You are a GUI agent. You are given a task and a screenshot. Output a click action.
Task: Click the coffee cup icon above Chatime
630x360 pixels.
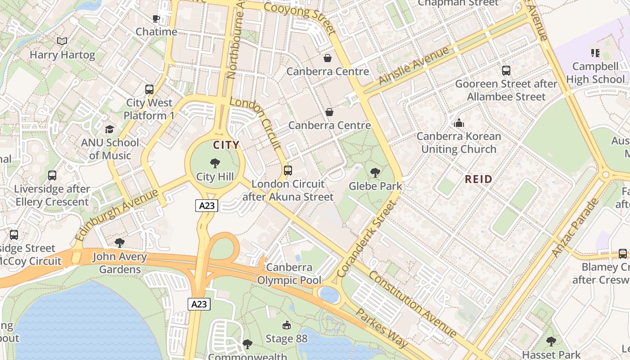pos(156,18)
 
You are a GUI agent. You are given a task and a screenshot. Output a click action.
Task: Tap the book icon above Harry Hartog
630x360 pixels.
pos(62,41)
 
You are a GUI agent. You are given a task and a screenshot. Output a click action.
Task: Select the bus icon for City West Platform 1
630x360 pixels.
pos(149,89)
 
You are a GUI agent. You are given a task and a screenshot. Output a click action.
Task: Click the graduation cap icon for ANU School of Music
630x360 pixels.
pos(109,129)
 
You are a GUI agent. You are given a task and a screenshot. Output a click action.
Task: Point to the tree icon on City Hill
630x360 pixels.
pos(215,163)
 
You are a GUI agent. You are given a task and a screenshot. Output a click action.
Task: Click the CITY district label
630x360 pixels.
pos(226,145)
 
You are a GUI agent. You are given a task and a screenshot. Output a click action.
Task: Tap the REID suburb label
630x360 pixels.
pos(478,179)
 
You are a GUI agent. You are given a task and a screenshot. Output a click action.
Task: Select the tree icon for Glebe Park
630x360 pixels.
pos(375,172)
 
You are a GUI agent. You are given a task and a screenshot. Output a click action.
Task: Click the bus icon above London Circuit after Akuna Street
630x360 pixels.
pos(288,171)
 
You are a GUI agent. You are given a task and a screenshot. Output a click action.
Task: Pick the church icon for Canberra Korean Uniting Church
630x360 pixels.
pos(459,122)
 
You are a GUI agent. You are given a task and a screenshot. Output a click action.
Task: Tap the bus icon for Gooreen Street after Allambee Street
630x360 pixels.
pos(506,70)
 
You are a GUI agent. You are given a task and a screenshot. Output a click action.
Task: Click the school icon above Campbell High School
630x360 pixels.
pos(595,53)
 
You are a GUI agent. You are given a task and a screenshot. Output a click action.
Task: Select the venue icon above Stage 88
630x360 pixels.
pos(286,325)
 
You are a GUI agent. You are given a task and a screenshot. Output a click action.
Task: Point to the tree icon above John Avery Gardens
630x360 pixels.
pos(120,243)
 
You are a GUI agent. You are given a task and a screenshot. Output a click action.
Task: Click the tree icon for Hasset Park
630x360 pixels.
pos(551,341)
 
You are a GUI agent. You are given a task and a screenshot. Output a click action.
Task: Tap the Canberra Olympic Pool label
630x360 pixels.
pos(289,274)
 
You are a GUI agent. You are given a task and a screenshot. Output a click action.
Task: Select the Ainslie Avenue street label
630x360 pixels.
pos(414,65)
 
